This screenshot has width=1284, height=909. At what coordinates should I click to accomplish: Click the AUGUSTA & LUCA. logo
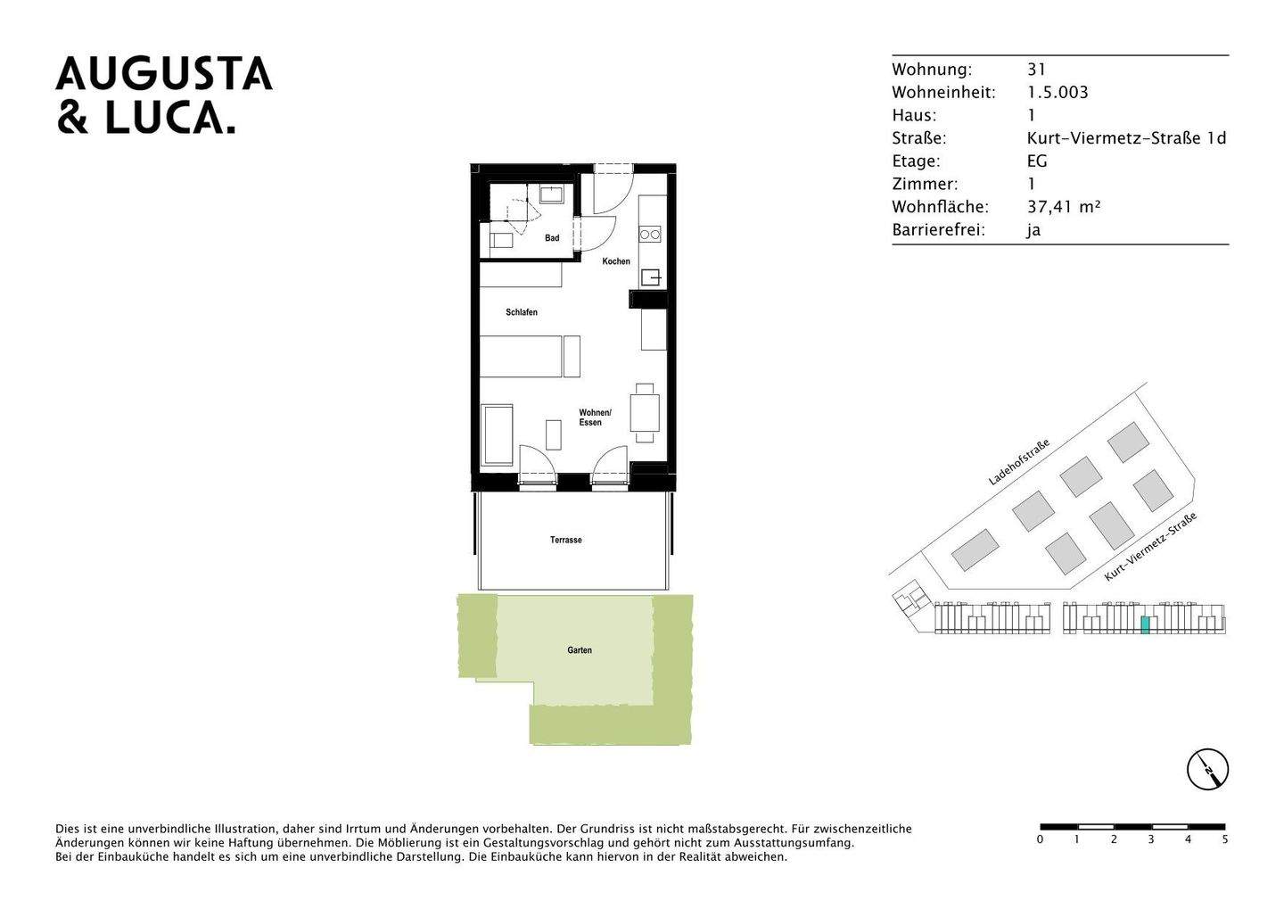[x=164, y=95]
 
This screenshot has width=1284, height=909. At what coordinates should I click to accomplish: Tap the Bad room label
[x=552, y=238]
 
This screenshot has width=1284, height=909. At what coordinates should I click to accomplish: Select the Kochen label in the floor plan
[x=616, y=261]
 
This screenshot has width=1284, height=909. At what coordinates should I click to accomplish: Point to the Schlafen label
[x=522, y=312]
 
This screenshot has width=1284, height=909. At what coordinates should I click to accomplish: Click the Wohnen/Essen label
[x=595, y=417]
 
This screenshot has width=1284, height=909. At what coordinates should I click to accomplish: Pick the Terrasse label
[x=566, y=540]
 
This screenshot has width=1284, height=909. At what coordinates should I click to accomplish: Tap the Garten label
[x=580, y=650]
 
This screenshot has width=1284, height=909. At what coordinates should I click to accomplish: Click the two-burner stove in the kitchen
[x=650, y=235]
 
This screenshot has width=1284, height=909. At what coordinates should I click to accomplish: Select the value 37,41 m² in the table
[x=1064, y=207]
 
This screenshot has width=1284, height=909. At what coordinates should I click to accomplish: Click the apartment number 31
[x=1036, y=70]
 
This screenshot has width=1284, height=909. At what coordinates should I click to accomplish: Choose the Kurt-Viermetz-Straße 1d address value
[x=1126, y=138]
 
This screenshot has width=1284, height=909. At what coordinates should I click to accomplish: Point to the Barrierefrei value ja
[x=1033, y=230]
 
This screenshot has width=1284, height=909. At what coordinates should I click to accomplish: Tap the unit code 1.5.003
[x=1058, y=92]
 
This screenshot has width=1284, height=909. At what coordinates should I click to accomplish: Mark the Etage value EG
[x=1037, y=161]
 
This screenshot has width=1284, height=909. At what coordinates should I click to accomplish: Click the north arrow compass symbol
[x=1207, y=769]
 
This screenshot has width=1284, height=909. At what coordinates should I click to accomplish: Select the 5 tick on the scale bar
[x=1225, y=839]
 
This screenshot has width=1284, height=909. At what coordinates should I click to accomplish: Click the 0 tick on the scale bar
[x=1041, y=839]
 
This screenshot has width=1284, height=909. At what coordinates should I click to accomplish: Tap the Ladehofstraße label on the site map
[x=1018, y=462]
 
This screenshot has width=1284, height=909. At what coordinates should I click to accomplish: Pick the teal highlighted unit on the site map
[x=1145, y=624]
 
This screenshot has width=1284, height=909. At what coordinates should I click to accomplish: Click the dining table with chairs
[x=645, y=412]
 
